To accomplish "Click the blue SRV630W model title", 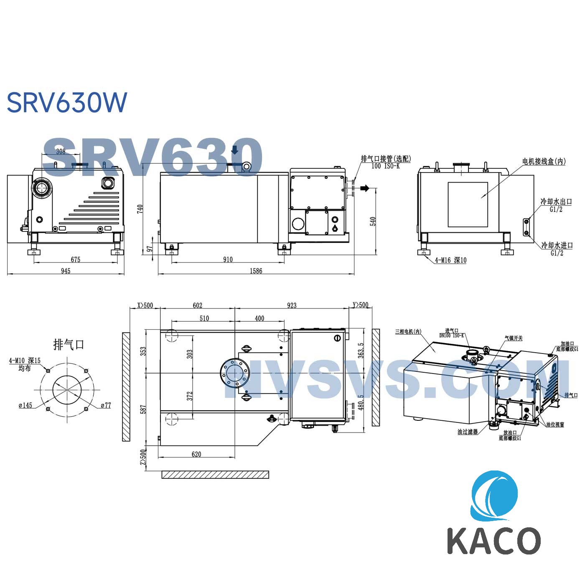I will click(67, 102).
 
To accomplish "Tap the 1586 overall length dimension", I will click(256, 271).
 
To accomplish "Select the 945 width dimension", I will click(66, 271).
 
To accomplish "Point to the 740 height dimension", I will click(140, 209).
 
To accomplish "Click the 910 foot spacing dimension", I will click(228, 259).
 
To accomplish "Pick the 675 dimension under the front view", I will click(75, 259).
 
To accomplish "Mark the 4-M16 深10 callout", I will click(450, 260).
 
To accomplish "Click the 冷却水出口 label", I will click(556, 201).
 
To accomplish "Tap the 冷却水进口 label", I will click(557, 245).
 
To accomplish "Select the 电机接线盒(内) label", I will click(544, 161).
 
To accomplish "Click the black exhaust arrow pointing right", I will click(365, 188).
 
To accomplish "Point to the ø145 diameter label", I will click(25, 405).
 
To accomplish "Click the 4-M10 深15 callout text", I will click(25, 361).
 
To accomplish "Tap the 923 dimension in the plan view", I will click(292, 305).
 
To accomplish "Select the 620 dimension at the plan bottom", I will click(196, 454).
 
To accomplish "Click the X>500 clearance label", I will click(145, 305).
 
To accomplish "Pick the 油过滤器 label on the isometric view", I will click(467, 432).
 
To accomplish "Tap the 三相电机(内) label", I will click(408, 332).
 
